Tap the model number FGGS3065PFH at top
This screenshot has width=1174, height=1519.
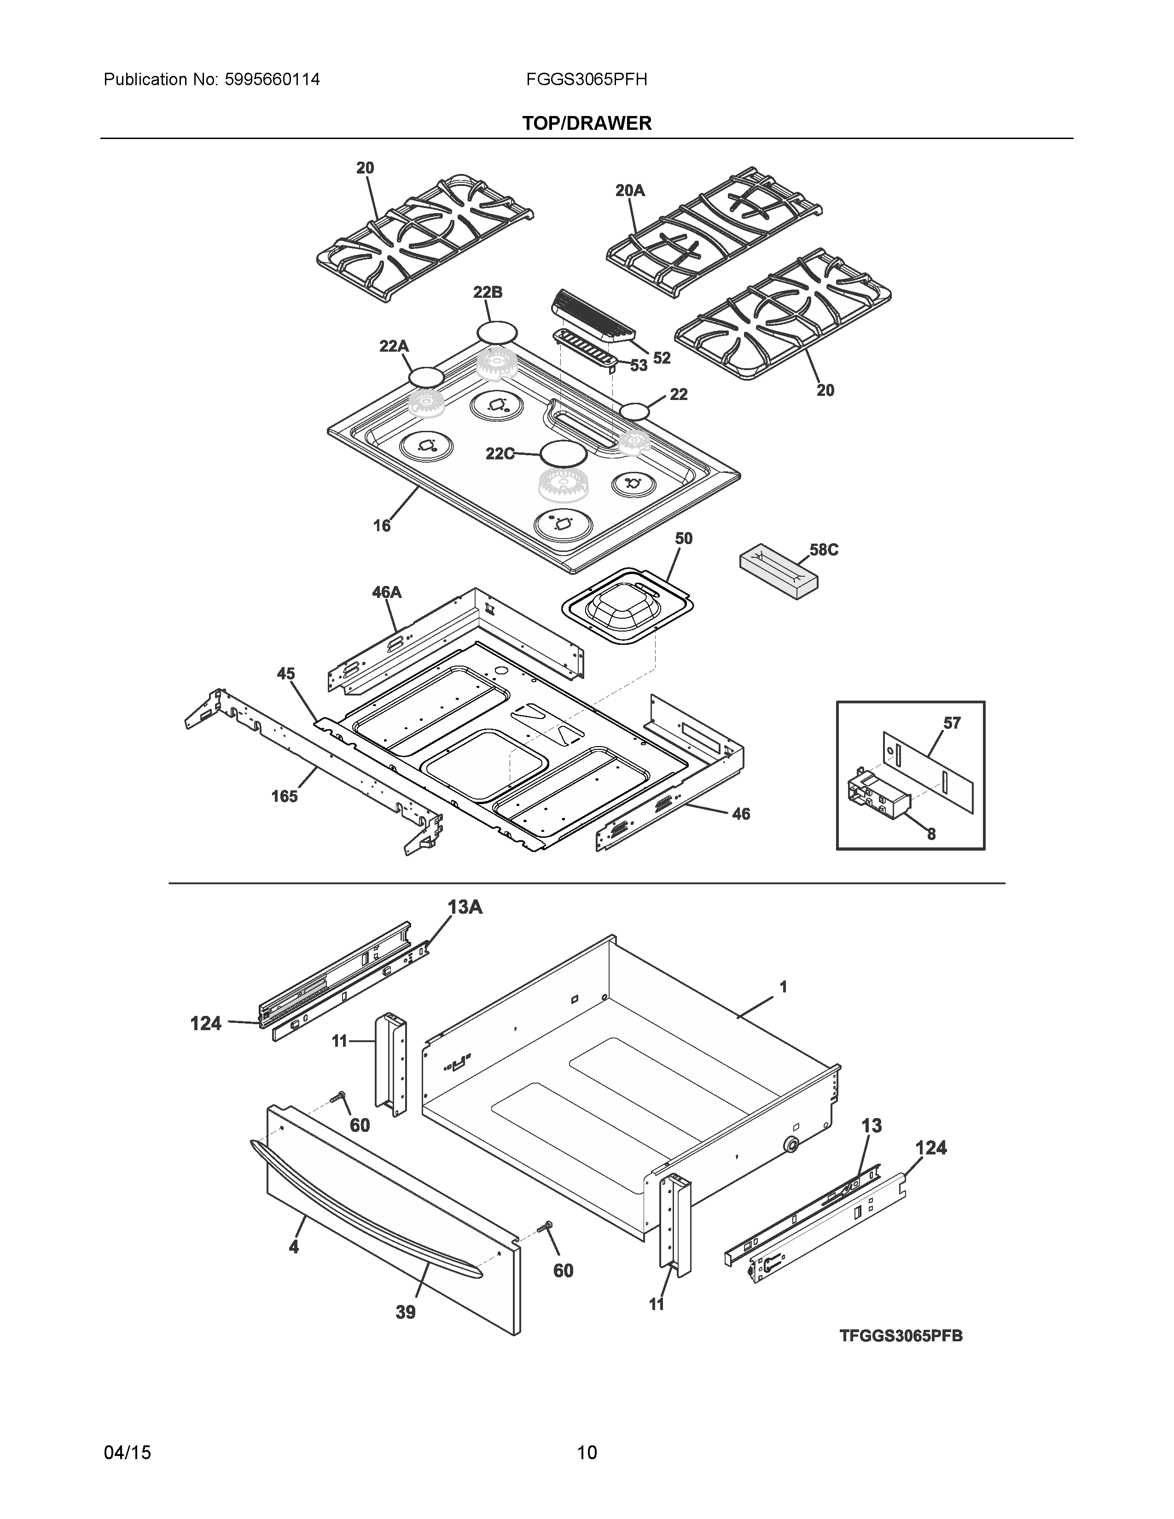(x=586, y=79)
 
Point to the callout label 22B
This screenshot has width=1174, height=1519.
(x=488, y=293)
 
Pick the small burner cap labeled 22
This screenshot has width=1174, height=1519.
(x=634, y=412)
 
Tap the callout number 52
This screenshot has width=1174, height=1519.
(x=662, y=358)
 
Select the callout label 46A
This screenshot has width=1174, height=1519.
(x=387, y=592)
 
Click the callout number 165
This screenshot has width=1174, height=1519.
(x=285, y=796)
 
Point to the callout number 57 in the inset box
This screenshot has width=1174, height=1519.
(x=952, y=723)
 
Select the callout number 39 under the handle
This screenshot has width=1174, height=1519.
(x=406, y=1312)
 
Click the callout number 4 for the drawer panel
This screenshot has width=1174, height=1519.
(x=294, y=1247)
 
